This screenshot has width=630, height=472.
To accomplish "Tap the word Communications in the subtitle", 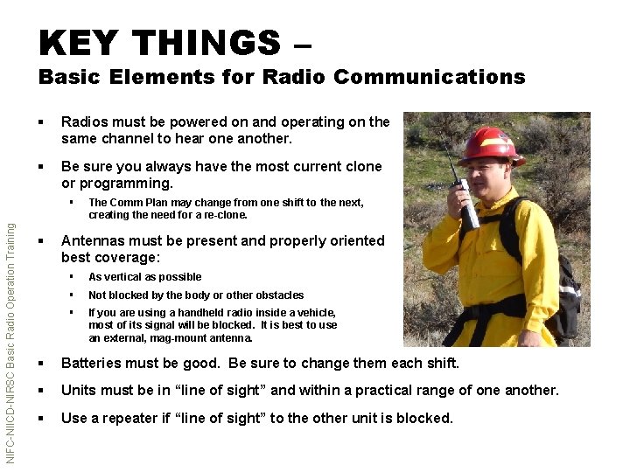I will (429, 77).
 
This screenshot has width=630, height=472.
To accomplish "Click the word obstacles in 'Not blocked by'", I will (278, 295).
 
